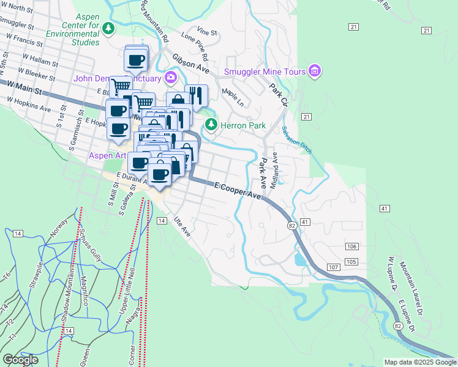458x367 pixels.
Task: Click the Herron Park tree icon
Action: tap(211, 125)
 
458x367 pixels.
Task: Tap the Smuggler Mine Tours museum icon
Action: tap(315, 72)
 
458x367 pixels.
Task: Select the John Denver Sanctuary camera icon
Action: tap(170, 78)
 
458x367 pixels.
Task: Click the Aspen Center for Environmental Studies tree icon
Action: tap(108, 28)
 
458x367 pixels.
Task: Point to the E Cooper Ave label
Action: tap(238, 190)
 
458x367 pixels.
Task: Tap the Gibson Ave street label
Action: tap(190, 63)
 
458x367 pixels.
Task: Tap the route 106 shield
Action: tap(351, 246)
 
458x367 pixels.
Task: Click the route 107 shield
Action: tap(333, 268)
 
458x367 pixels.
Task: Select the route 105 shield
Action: tap(351, 262)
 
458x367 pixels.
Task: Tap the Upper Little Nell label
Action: tap(130, 282)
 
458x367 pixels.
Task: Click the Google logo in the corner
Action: tap(20, 360)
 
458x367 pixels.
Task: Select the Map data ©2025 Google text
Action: tap(420, 362)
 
